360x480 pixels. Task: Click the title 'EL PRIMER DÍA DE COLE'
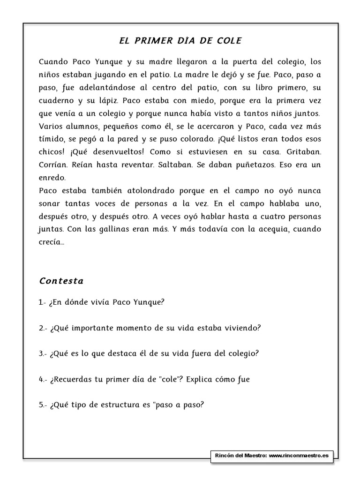click(180, 41)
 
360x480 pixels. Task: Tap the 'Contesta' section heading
click(61, 281)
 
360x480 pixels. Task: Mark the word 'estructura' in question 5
click(118, 405)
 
